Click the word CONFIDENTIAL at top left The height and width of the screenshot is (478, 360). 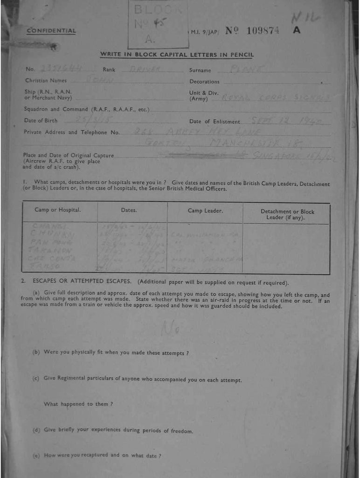51,31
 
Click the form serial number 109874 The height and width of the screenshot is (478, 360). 263,31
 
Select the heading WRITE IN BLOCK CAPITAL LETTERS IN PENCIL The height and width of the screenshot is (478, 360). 177,55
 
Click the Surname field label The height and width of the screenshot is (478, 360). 200,70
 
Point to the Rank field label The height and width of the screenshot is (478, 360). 109,70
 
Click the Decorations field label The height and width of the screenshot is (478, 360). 204,82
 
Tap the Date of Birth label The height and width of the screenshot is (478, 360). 41,121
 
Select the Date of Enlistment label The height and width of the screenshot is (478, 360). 215,122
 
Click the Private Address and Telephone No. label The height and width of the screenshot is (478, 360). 72,133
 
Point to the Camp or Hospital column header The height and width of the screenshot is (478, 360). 58,210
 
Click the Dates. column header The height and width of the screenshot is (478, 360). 129,211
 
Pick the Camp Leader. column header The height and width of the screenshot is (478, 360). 205,211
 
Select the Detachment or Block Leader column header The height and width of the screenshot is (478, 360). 287,214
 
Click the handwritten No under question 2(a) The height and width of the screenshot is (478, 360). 168,330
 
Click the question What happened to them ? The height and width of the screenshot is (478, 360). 78,404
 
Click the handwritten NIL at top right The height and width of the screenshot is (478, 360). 305,18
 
